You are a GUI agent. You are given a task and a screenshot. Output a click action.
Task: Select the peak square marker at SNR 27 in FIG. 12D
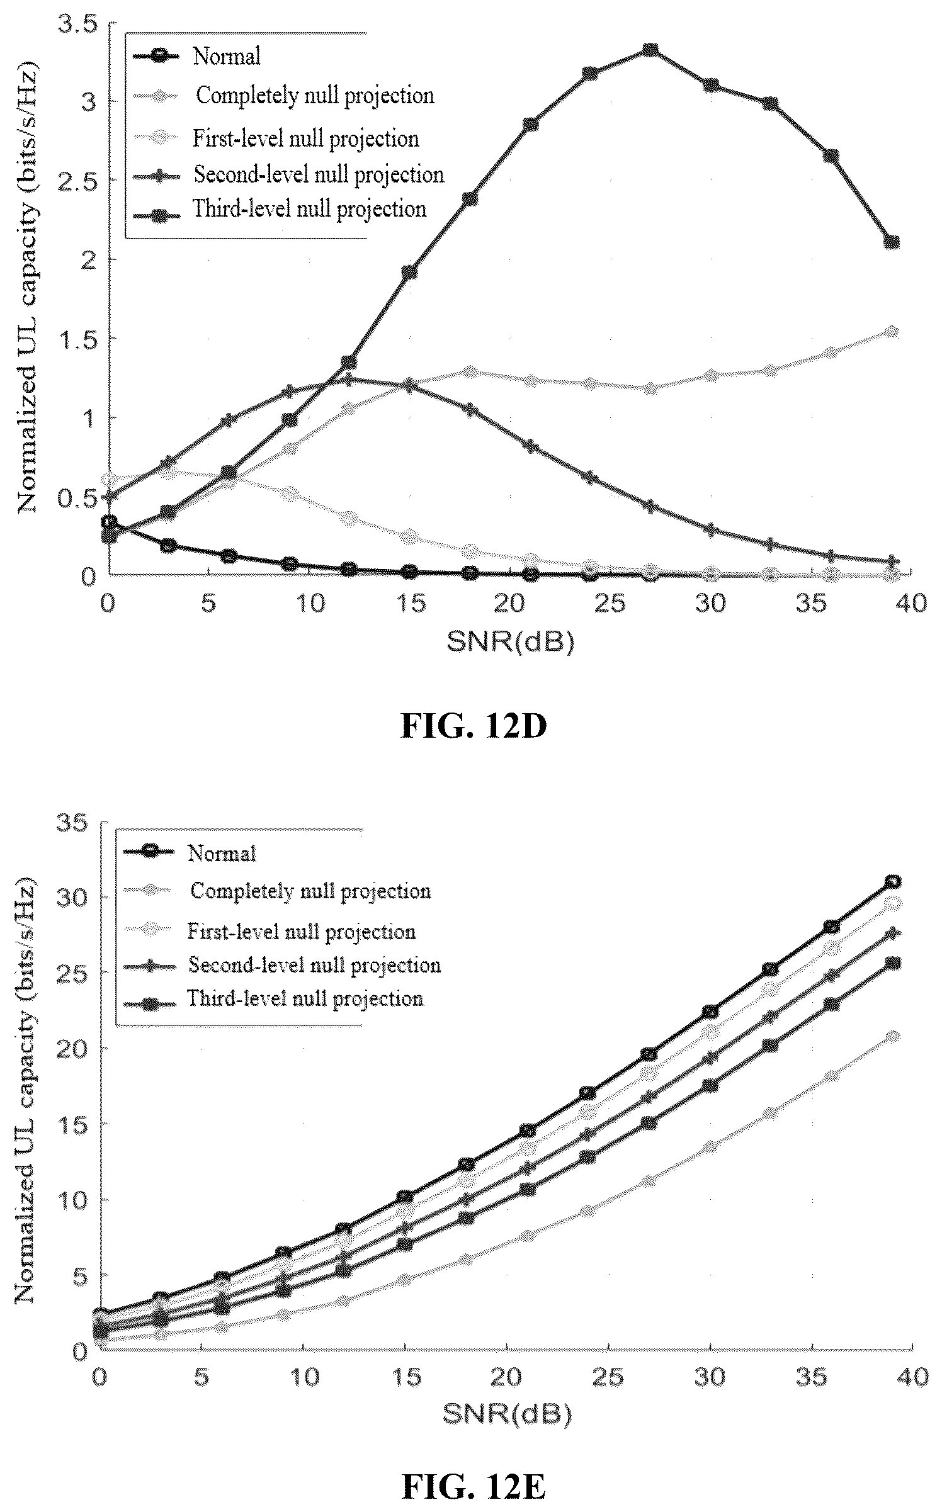point(650,50)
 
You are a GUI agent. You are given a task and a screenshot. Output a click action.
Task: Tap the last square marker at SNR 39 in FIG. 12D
point(891,242)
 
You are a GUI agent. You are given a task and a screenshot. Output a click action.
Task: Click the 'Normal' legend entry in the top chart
point(227,56)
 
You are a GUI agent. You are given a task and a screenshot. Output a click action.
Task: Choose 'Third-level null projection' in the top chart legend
point(309,209)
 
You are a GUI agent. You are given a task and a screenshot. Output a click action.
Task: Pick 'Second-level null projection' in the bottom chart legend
point(314,965)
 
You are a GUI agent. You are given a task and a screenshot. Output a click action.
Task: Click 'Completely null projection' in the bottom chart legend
point(310,891)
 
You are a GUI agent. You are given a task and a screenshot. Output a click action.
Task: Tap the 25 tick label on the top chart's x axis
point(610,604)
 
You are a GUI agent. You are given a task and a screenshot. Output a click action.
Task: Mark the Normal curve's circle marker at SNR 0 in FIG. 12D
point(108,522)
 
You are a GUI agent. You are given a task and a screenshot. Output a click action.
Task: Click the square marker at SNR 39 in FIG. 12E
point(892,962)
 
